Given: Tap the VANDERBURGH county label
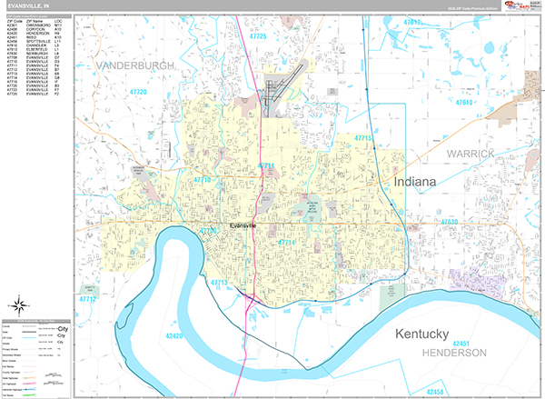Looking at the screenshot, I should tap(131, 66).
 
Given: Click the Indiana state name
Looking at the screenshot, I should tap(415, 183).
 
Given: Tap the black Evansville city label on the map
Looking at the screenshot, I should tap(244, 224).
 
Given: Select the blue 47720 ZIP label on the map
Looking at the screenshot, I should tap(138, 93).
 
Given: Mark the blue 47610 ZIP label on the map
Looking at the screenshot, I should tap(464, 104).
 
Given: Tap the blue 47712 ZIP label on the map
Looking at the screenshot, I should tap(87, 298).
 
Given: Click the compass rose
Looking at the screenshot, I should tap(19, 306).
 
